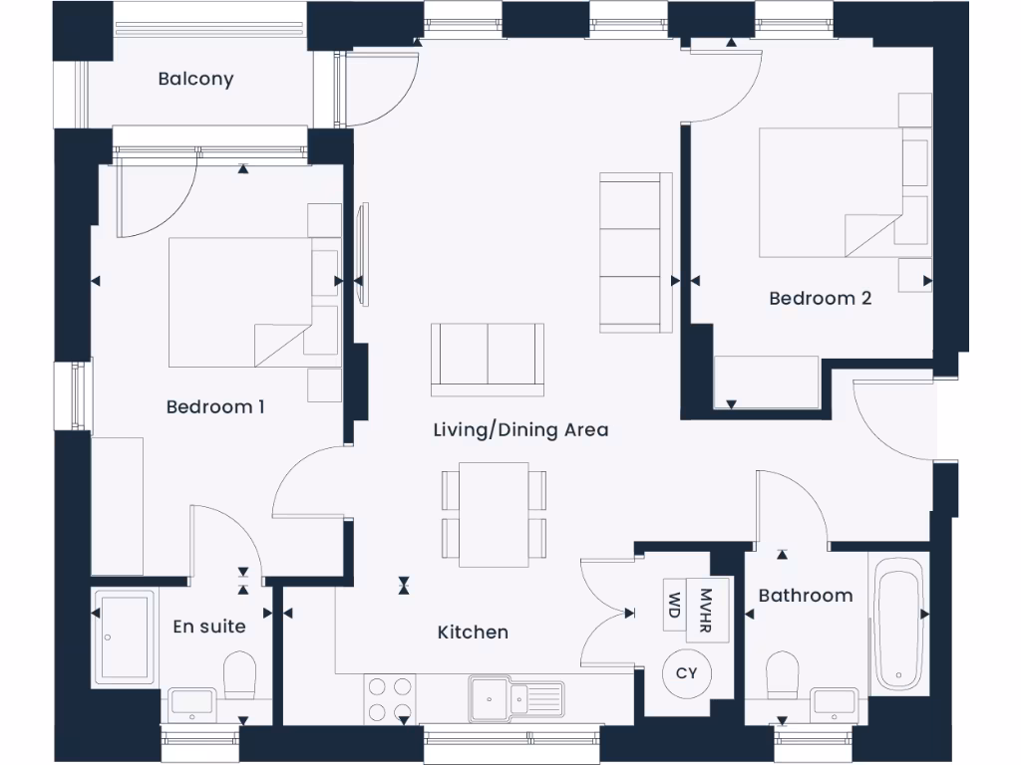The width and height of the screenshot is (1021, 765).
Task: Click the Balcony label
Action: [195, 79]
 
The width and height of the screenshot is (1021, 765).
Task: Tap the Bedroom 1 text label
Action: [215, 406]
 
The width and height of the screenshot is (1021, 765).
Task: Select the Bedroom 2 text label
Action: [820, 298]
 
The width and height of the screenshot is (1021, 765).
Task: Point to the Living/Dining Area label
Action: [520, 430]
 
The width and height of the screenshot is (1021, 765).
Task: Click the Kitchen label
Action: [473, 632]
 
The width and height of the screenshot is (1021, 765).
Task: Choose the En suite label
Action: [208, 626]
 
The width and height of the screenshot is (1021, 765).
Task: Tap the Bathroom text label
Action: [806, 595]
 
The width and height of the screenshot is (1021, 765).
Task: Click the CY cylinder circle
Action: [687, 673]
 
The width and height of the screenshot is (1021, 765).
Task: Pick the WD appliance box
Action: [675, 605]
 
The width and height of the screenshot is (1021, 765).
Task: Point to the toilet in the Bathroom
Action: [783, 675]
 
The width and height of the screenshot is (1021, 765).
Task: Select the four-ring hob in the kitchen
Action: [389, 698]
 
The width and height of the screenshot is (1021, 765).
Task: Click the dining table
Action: [494, 514]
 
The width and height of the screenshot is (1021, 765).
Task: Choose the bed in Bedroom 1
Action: [239, 302]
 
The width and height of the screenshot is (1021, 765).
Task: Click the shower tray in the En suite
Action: [124, 637]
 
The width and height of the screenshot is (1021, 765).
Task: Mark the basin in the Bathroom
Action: [833, 703]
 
